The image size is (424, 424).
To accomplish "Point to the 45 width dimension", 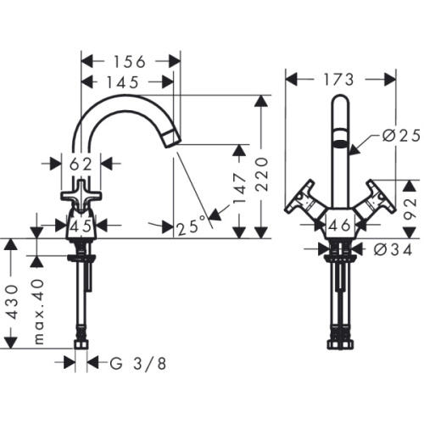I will [82, 226].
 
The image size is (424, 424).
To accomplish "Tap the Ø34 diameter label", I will [393, 249].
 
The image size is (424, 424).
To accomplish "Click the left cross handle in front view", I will [303, 204].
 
